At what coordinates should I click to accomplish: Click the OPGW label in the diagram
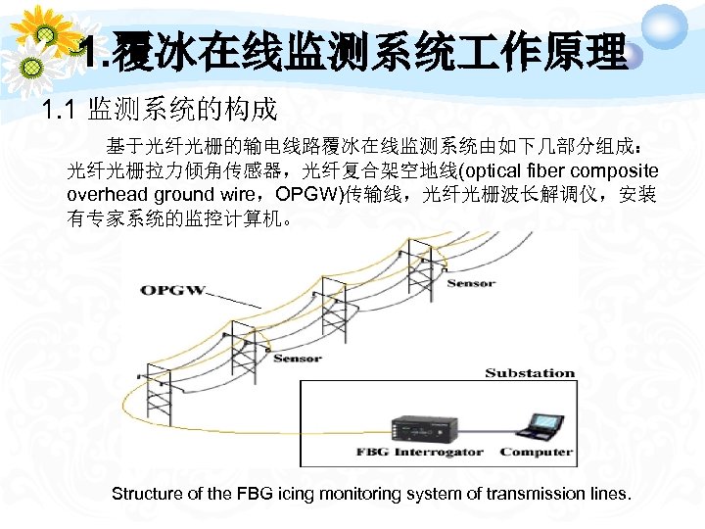[172, 290]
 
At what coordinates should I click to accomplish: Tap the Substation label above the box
[530, 373]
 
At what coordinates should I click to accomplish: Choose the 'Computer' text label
[536, 453]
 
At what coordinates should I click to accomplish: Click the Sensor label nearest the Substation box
[298, 359]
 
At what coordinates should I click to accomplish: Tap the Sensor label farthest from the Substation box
[471, 284]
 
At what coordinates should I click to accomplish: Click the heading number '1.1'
[60, 109]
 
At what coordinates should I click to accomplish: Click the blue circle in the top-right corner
[669, 22]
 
